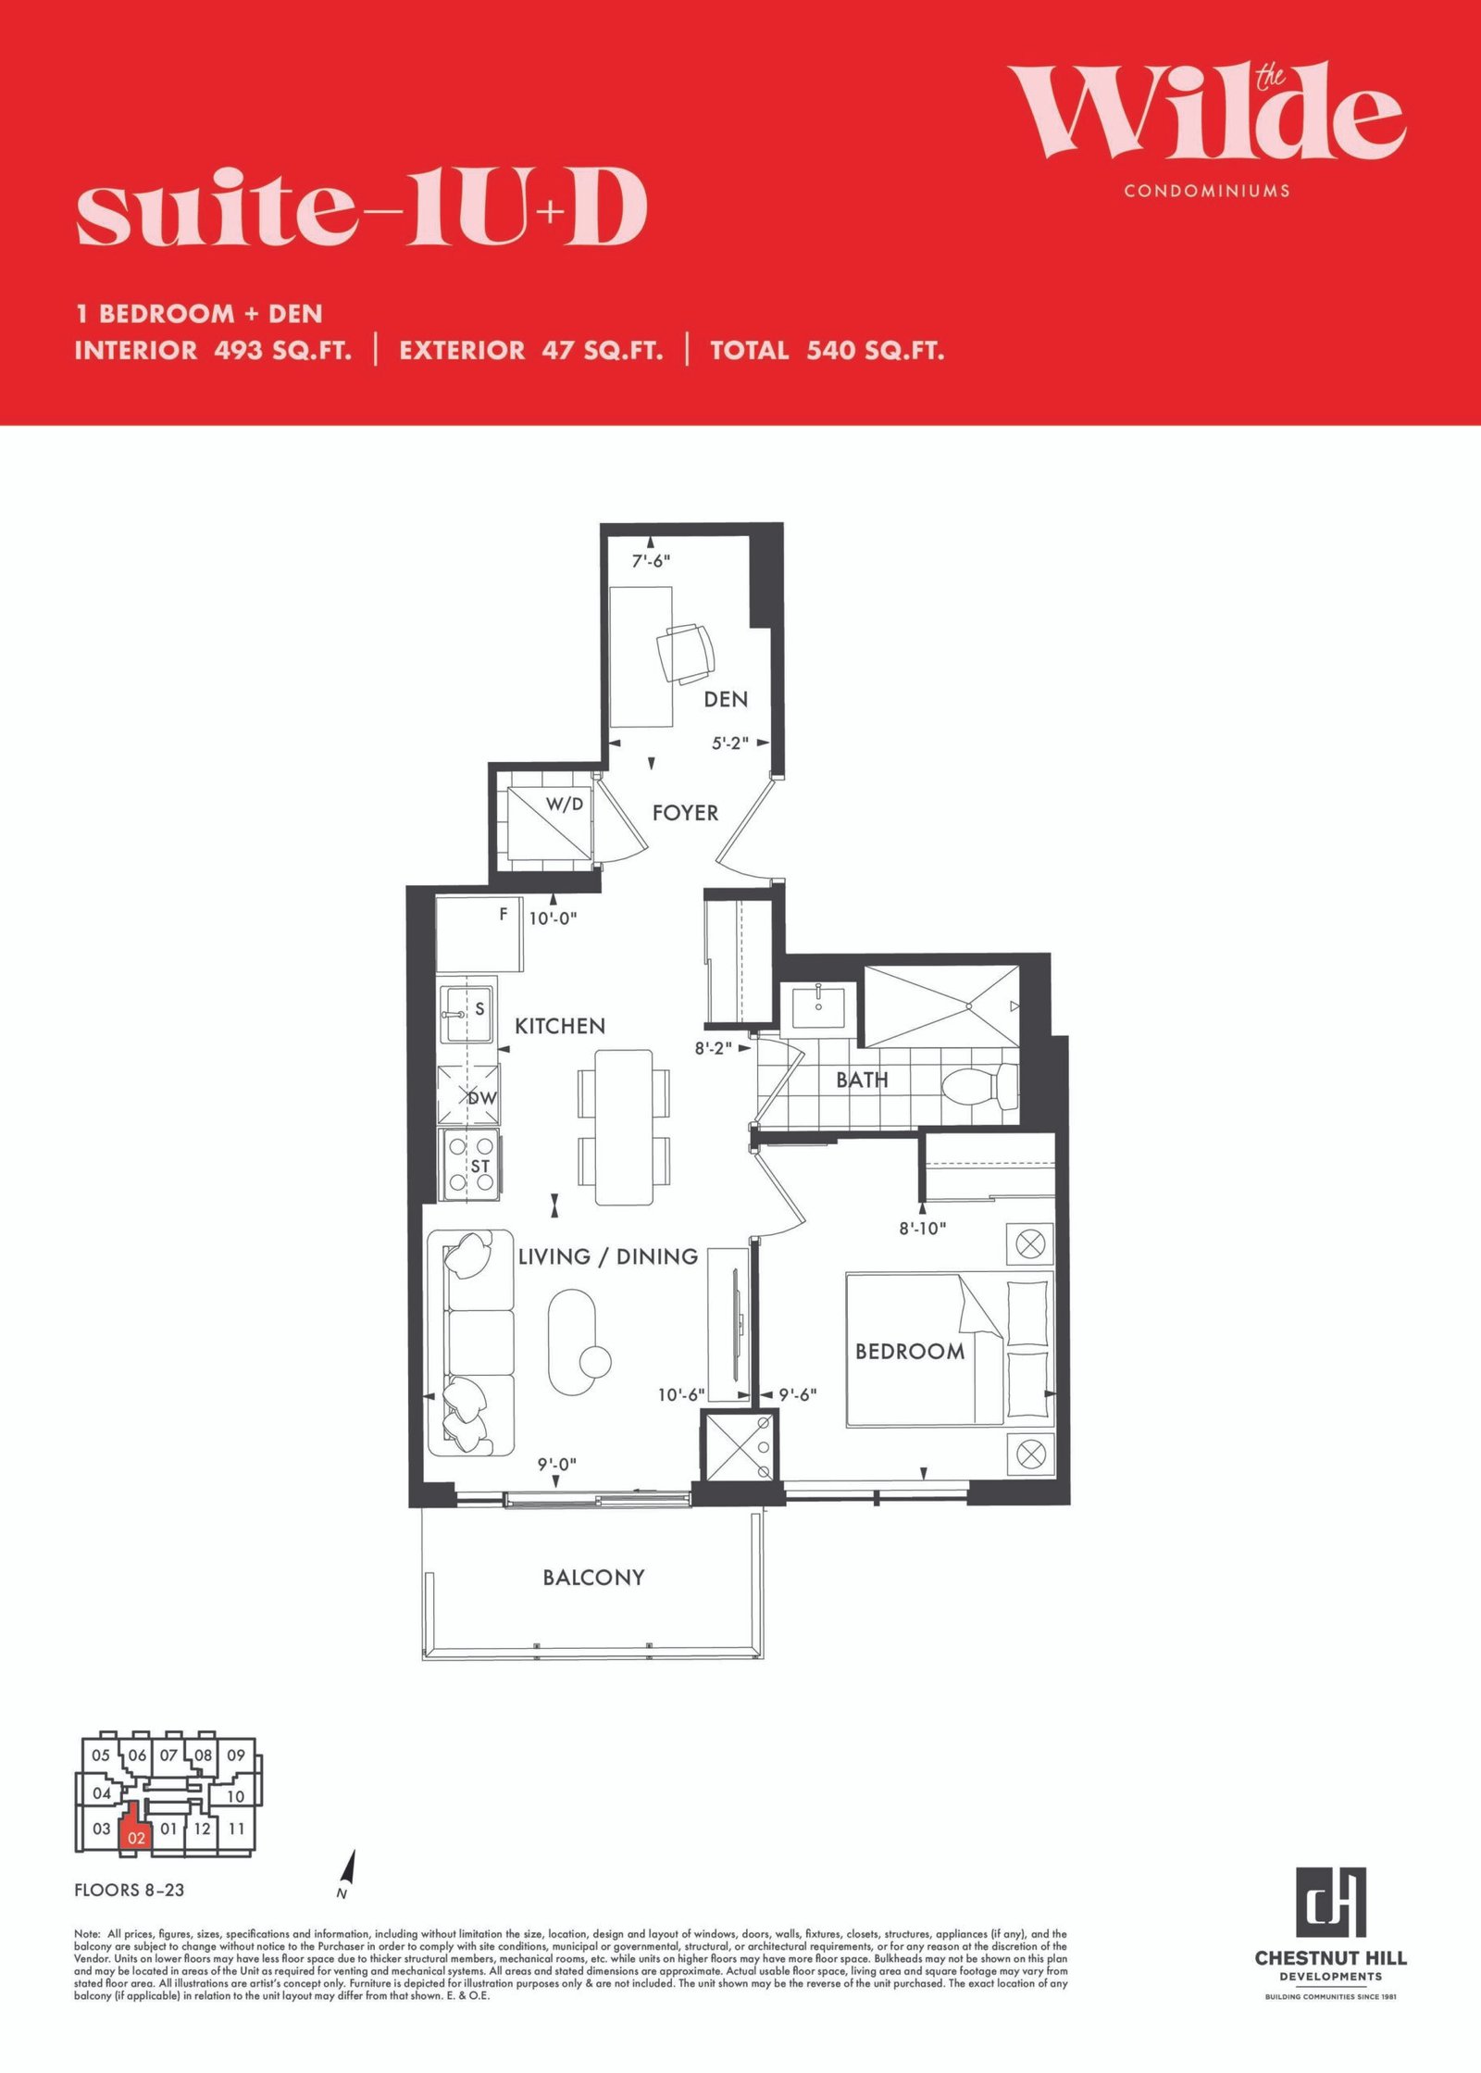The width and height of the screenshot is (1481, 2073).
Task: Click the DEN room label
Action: click(725, 699)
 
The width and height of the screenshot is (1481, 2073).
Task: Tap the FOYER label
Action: click(685, 813)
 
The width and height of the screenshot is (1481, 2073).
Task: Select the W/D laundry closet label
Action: click(565, 804)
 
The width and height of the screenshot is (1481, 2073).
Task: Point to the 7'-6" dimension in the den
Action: click(651, 561)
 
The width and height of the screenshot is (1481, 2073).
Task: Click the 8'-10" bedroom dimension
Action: click(922, 1229)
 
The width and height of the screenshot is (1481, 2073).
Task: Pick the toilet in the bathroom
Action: click(980, 1086)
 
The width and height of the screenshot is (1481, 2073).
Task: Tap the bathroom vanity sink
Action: click(819, 1005)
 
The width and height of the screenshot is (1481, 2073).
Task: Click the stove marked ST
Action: click(470, 1165)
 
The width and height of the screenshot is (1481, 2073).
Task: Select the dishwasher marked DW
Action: click(469, 1095)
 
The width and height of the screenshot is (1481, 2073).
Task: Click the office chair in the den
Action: click(686, 653)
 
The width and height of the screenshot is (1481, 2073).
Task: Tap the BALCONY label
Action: click(593, 1578)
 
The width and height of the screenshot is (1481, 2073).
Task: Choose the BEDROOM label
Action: click(910, 1352)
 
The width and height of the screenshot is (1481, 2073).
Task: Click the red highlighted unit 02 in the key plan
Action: click(136, 1829)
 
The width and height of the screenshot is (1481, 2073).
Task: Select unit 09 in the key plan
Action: click(236, 1755)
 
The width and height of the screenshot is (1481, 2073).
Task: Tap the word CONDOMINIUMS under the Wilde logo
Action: click(1207, 191)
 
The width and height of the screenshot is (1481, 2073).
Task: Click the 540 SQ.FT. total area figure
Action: click(875, 351)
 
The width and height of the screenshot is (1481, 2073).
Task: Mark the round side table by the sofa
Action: click(594, 1361)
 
